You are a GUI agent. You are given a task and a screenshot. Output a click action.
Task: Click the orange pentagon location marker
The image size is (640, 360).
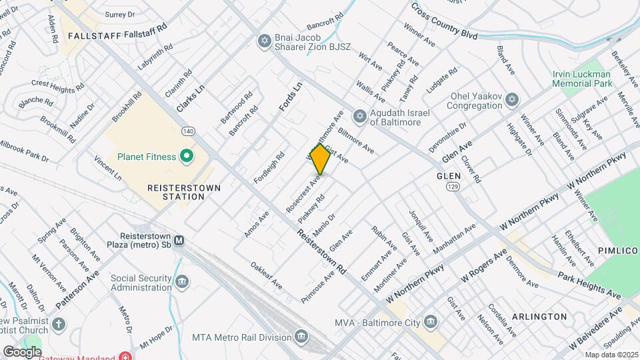(x=320, y=160)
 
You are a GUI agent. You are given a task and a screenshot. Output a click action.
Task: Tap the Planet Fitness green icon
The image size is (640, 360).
(x=187, y=157)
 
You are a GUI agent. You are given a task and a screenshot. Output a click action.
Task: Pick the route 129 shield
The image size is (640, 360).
(x=451, y=189)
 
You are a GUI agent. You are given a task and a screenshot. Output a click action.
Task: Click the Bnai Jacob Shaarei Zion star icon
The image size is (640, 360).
(x=265, y=42)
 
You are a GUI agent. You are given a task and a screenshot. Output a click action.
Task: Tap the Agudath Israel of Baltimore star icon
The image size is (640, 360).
(x=360, y=117)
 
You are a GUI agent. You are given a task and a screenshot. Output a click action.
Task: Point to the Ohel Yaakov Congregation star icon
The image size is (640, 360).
(x=512, y=100)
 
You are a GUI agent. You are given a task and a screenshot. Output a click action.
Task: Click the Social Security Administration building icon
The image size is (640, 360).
(x=181, y=283)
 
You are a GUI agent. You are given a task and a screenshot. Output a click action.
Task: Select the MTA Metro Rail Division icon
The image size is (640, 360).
(x=301, y=335)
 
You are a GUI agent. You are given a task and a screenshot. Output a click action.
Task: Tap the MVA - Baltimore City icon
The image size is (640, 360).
(x=430, y=322)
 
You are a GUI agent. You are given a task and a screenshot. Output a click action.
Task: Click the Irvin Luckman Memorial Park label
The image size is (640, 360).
(x=581, y=79)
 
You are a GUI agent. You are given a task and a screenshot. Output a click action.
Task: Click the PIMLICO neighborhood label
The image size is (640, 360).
(x=614, y=249)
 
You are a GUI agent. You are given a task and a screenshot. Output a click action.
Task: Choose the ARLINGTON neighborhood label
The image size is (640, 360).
(x=539, y=316)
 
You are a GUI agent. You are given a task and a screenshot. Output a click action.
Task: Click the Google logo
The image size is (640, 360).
(x=22, y=351)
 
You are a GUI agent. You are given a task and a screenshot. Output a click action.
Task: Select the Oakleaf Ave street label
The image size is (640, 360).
(x=267, y=275)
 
